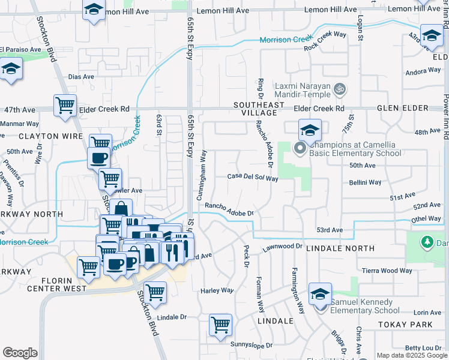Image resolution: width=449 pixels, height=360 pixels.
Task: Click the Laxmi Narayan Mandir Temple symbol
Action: [340, 89]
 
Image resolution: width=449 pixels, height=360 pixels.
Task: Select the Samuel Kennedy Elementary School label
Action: [364, 306]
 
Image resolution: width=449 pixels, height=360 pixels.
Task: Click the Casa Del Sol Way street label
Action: [253, 178]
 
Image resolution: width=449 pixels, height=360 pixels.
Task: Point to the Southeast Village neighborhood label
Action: [259, 109]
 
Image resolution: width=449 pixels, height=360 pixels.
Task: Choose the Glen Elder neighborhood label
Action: [403, 108]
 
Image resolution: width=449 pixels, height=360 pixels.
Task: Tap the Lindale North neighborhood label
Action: [340, 248]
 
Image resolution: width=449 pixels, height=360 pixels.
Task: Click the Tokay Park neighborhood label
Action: [406, 324]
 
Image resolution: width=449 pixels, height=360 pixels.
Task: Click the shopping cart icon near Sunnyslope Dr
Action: [220, 325]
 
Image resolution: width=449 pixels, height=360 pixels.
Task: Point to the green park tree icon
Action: [427, 242]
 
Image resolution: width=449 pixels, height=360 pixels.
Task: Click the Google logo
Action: [20, 353]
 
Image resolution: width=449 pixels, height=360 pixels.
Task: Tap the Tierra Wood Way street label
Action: [387, 271]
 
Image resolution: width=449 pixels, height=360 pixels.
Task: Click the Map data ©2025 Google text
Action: [412, 355]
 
